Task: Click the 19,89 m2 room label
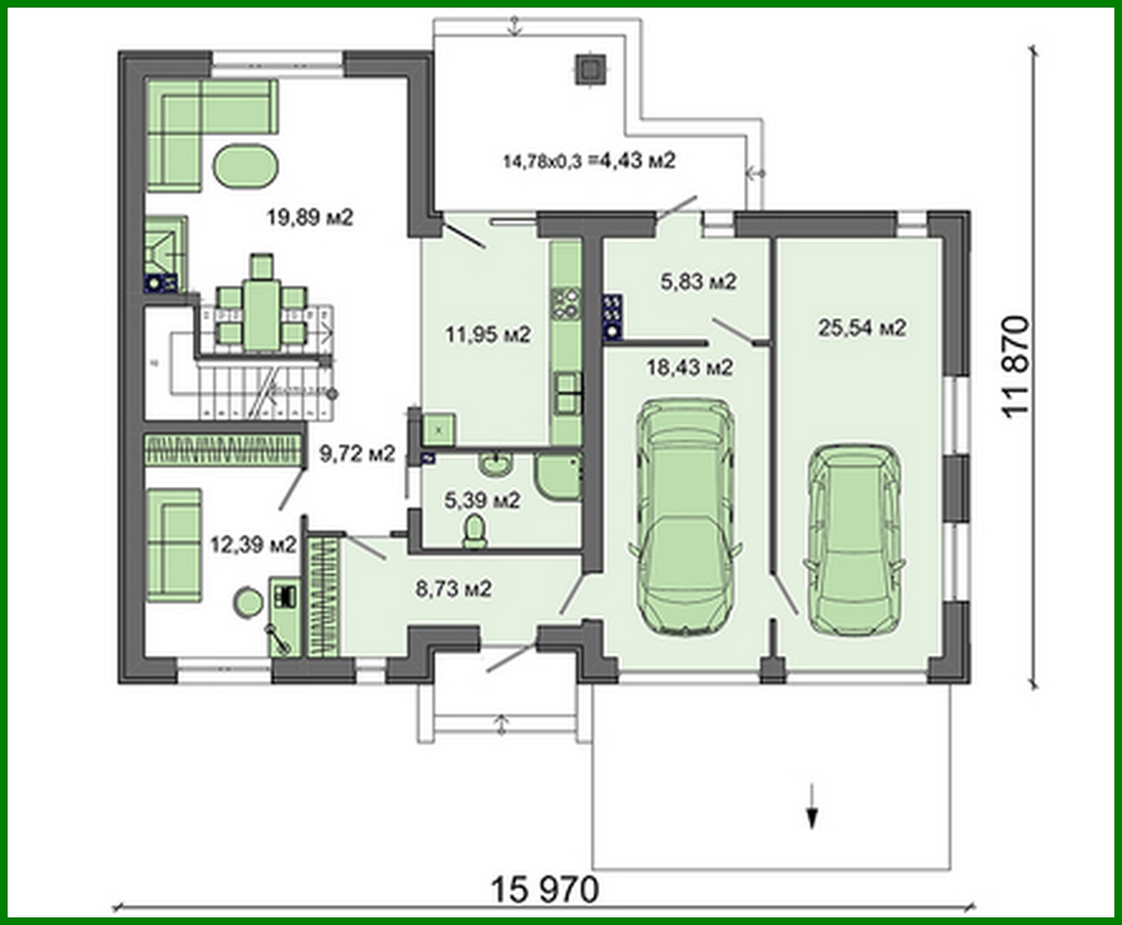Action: click(x=309, y=217)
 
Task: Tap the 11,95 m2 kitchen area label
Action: click(x=488, y=334)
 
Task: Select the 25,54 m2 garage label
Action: click(x=862, y=328)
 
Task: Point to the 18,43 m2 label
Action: click(x=689, y=366)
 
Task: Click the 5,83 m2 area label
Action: click(x=698, y=281)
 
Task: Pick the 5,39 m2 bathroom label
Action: click(x=482, y=500)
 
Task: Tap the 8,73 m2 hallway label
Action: click(x=454, y=589)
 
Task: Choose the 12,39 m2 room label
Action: click(x=253, y=544)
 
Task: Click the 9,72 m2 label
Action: click(x=357, y=454)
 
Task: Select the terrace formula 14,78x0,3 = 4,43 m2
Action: click(x=589, y=160)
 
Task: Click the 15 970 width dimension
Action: click(x=545, y=890)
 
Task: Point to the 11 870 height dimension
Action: click(x=1017, y=365)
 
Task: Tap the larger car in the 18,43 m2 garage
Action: click(x=685, y=516)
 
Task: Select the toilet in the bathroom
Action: click(x=475, y=532)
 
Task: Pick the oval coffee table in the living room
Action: click(x=246, y=167)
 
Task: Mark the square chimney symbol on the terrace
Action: click(x=589, y=69)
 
